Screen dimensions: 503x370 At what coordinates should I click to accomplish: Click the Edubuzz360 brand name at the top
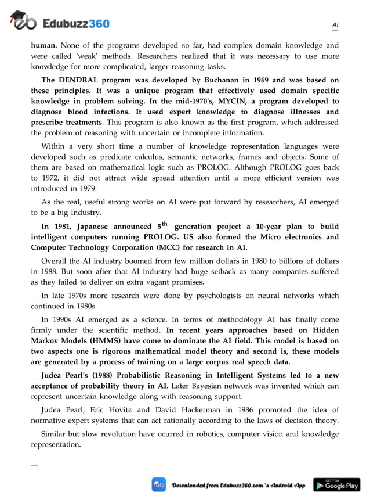click(76, 23)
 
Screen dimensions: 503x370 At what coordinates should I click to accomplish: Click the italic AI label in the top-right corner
click(335, 25)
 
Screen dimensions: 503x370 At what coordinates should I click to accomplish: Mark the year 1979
click(86, 189)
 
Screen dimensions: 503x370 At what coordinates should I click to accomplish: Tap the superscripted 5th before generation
click(163, 225)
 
